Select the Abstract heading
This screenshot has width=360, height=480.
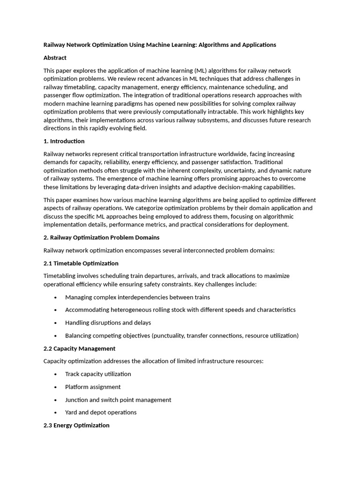pyautogui.click(x=55, y=58)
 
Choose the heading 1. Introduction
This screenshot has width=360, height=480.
pyautogui.click(x=64, y=141)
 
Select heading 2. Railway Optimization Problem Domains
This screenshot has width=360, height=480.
pyautogui.click(x=101, y=238)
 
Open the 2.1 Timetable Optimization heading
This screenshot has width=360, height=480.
pyautogui.click(x=81, y=263)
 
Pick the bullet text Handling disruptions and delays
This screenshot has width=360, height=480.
pyautogui.click(x=108, y=323)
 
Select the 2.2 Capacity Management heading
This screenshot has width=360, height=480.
pyautogui.click(x=79, y=349)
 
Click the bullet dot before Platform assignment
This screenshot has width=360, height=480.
pyautogui.click(x=56, y=387)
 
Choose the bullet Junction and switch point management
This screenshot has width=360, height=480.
pyautogui.click(x=118, y=400)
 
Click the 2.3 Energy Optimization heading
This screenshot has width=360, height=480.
pyautogui.click(x=76, y=426)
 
